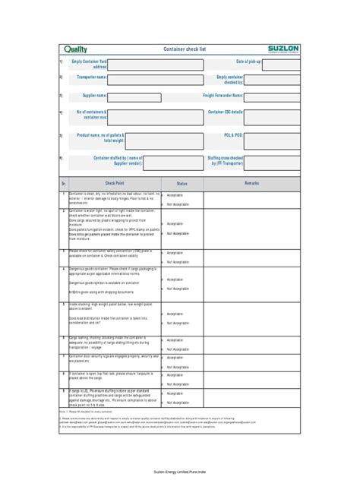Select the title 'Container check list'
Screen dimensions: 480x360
point(185,49)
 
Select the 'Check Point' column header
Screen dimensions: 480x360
point(115,184)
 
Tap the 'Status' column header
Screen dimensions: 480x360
point(182,184)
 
